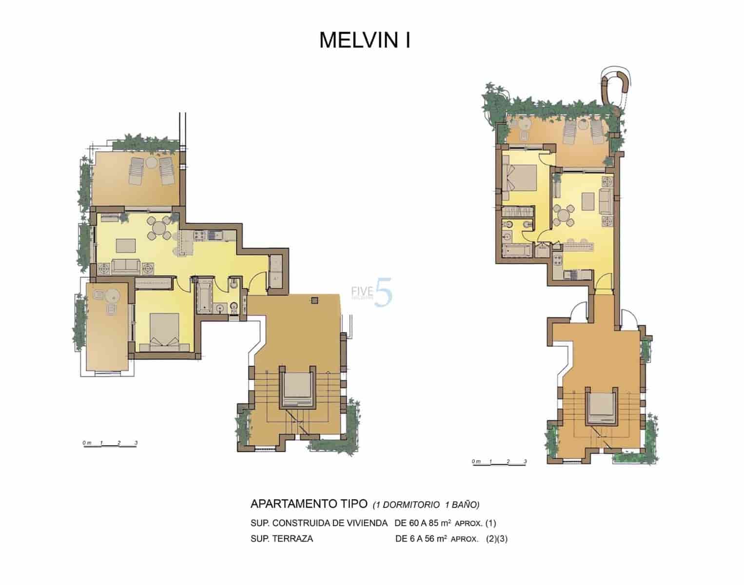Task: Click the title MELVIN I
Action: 365,40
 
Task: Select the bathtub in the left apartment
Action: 203,295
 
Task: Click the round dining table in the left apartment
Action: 159,228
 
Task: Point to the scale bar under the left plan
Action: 110,444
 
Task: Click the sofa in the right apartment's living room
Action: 606,201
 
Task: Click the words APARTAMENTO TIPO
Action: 308,503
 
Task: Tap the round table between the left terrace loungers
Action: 151,161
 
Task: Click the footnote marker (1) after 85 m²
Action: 490,524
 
